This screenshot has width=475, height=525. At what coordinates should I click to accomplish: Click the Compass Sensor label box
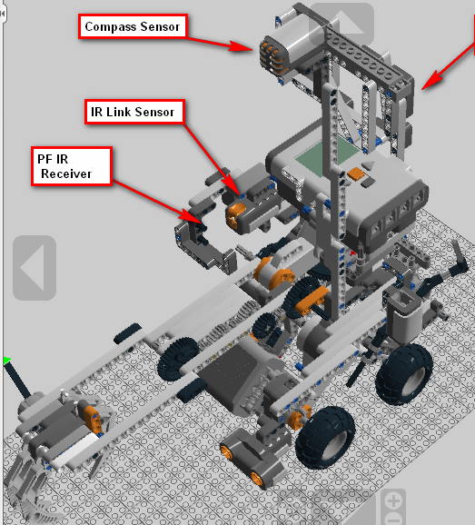132,27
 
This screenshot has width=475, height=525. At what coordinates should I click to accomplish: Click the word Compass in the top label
109,27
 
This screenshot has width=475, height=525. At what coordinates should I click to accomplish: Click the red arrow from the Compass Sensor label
223,42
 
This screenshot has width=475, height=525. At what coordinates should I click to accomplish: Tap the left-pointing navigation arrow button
34,267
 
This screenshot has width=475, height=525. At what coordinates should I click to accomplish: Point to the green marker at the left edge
5,362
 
